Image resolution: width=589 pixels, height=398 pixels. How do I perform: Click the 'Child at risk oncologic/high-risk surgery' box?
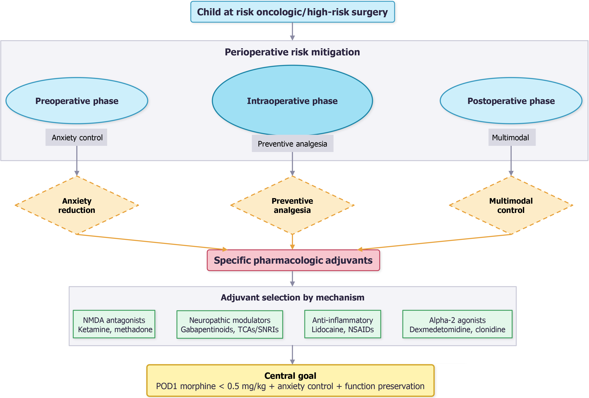292,12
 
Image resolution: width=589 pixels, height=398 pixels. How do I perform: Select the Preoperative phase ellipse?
77,101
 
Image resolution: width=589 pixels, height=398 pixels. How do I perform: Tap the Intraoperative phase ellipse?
292,101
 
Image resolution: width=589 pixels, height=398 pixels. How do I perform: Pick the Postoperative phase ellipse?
511,101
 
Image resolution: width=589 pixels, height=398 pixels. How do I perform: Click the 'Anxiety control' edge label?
77,137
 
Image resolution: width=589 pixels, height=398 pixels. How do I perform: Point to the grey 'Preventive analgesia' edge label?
292,143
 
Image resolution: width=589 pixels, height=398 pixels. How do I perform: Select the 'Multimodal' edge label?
510,137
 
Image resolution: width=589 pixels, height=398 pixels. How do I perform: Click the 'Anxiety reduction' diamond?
77,205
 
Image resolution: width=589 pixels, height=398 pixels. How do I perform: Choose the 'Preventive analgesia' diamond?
292,205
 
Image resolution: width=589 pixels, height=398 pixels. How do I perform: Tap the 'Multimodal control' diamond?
511,205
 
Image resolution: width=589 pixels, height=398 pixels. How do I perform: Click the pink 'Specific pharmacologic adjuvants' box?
293,260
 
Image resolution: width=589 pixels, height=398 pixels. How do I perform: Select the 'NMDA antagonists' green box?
114,324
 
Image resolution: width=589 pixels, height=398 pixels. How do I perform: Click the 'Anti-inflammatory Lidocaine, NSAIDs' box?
343,324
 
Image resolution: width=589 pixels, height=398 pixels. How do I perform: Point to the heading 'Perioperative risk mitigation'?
292,52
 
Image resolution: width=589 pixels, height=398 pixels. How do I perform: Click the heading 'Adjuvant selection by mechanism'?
292,297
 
